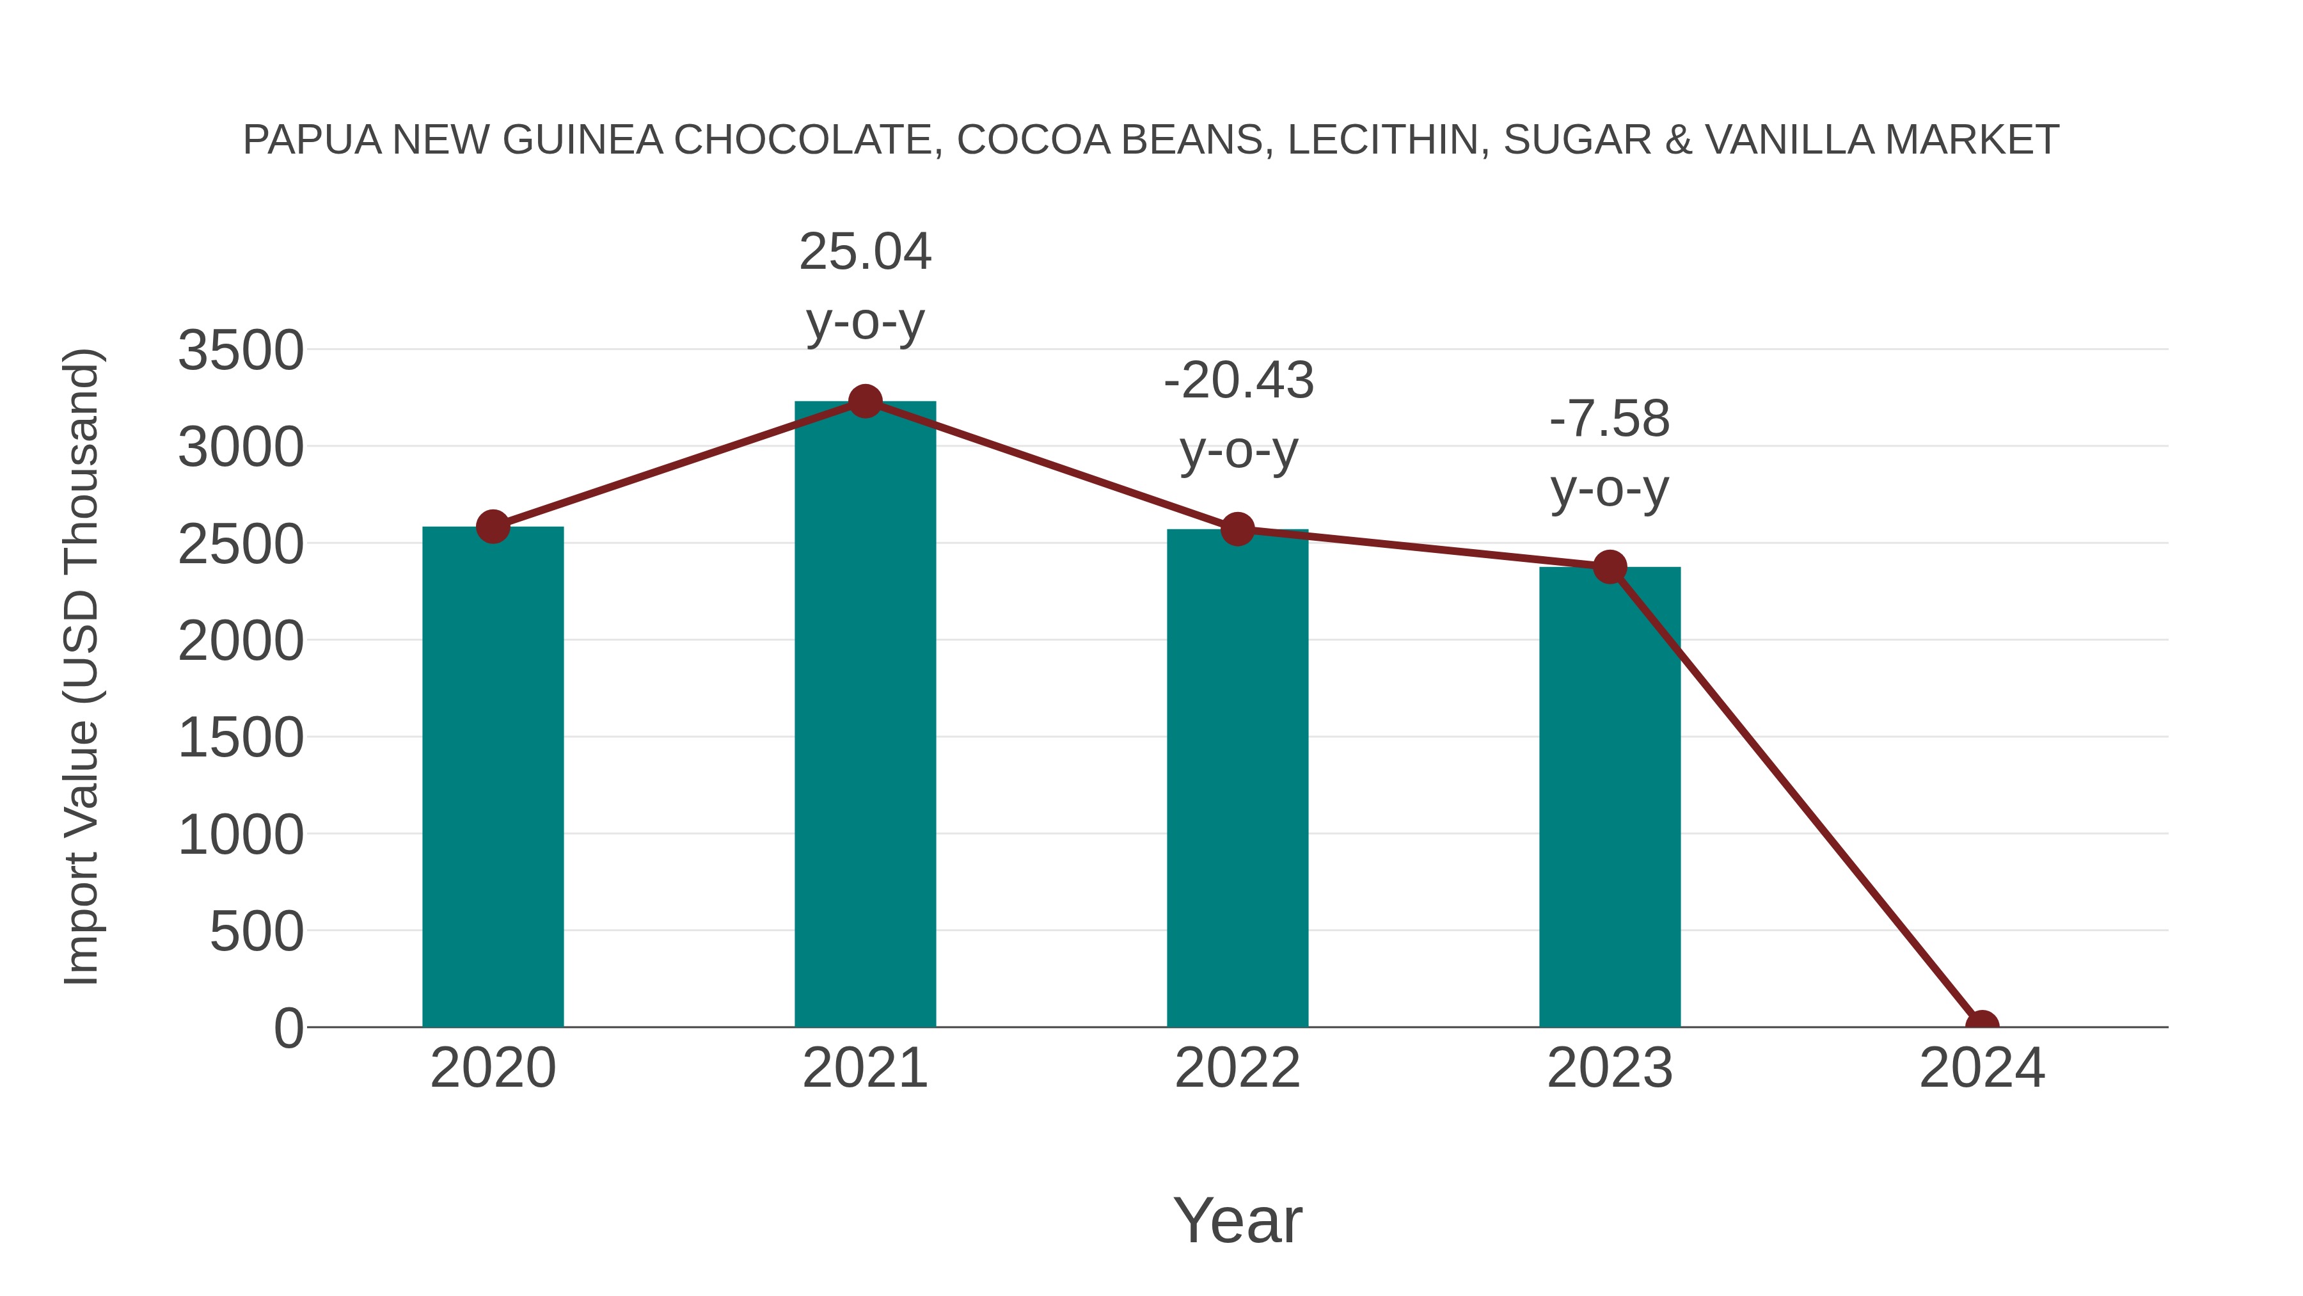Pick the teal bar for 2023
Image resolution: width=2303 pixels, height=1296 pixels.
coord(1610,796)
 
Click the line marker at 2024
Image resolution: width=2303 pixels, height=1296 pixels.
coord(1981,1025)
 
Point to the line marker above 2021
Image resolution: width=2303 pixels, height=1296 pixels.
coord(864,401)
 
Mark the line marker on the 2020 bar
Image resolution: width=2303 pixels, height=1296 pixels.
coord(493,527)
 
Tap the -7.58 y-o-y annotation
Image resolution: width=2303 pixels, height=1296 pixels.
coord(1610,454)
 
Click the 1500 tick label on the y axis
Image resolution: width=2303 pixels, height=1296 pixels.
coord(241,738)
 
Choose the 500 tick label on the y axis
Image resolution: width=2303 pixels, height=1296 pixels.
coord(257,932)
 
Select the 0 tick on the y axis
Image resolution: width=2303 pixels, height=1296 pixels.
coord(289,1028)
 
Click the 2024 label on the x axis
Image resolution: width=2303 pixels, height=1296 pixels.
coord(1981,1068)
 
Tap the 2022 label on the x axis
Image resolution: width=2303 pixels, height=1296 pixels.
coord(1237,1068)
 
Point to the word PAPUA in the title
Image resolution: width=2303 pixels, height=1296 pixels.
coord(312,140)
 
